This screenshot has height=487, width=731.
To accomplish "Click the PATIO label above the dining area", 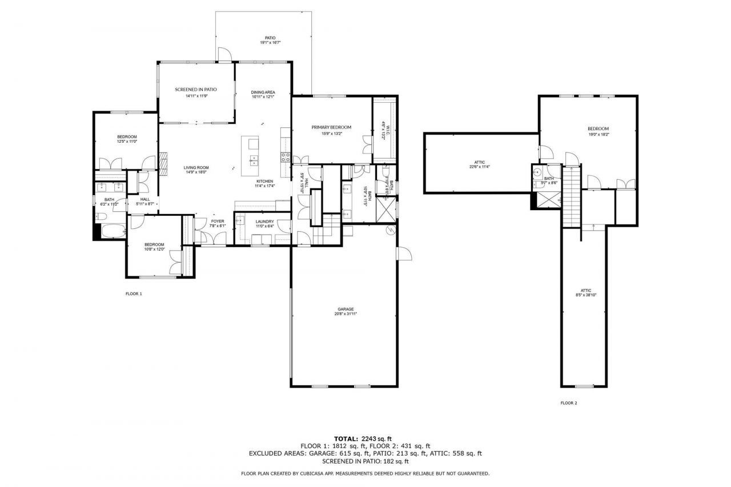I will [x=270, y=38].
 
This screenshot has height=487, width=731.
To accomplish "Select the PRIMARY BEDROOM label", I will [x=331, y=127].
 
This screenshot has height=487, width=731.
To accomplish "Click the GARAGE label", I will [x=345, y=309].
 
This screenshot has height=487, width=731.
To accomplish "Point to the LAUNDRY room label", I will [x=264, y=222].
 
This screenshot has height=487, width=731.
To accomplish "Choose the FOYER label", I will [x=218, y=221].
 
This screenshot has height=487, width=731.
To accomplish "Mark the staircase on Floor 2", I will [x=571, y=196].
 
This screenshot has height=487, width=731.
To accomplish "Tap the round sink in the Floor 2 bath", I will [x=537, y=171].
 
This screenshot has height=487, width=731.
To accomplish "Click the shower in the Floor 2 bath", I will [x=546, y=198].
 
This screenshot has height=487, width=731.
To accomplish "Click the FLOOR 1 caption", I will [x=134, y=294].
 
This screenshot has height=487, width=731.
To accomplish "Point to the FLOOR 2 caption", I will [x=568, y=403].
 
